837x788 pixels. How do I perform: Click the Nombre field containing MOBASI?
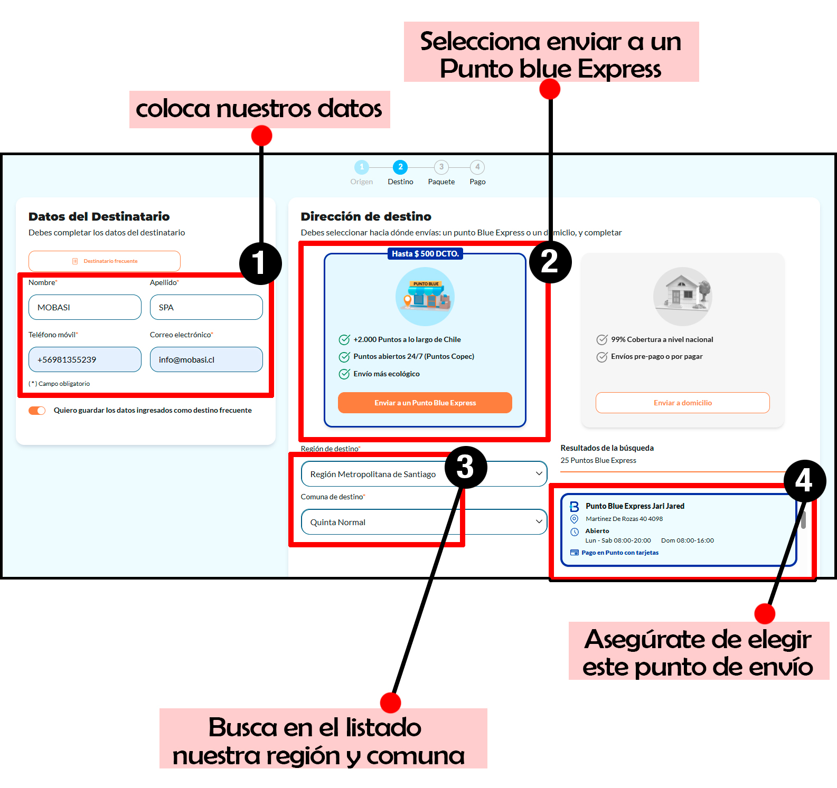pos(84,307)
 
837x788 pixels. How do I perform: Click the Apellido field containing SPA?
pos(206,307)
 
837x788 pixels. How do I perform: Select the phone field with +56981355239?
pos(84,359)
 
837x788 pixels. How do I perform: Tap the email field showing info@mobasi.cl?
pos(206,359)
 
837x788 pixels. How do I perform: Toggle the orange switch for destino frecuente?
pos(37,411)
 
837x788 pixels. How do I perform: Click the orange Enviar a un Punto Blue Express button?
pos(425,403)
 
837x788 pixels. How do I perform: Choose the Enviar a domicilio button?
pos(682,403)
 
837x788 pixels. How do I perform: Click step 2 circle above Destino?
pos(400,167)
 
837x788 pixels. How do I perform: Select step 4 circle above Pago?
pos(477,167)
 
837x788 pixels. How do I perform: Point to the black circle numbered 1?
pos(260,263)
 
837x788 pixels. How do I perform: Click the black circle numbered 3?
pos(465,467)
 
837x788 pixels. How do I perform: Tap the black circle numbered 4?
pos(804,481)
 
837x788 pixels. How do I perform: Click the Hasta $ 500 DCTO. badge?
pos(425,254)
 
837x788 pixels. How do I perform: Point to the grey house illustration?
pos(683,296)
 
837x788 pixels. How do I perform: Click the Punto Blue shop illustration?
pos(425,296)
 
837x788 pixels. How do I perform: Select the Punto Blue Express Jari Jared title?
pos(635,506)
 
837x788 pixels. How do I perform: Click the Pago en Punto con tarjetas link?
pos(619,553)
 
